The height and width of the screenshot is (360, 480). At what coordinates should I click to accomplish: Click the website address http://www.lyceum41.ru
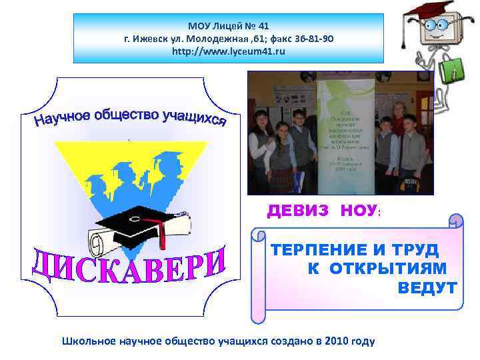228,51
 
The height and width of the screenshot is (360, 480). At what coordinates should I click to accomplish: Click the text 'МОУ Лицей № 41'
228,26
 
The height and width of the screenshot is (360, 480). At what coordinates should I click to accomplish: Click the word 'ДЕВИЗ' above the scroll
298,211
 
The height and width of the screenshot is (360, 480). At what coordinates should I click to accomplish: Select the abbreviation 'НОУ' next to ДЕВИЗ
358,211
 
